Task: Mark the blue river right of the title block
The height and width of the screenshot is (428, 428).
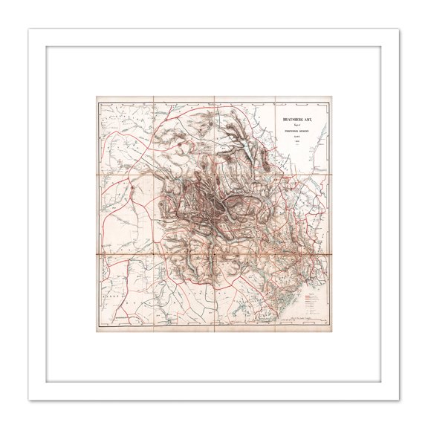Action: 321,134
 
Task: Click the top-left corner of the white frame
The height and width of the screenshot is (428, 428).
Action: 30,30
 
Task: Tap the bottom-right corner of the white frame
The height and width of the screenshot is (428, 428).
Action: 399,399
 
